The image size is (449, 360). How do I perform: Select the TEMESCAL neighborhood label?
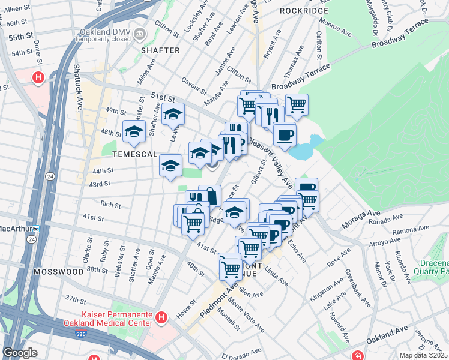[133, 154]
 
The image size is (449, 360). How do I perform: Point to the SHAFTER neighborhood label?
[160, 50]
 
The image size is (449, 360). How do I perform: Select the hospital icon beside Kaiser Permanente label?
[161, 317]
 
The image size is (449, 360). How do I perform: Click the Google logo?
[20, 352]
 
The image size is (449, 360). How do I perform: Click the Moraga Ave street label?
[361, 221]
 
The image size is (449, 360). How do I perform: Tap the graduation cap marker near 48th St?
[134, 131]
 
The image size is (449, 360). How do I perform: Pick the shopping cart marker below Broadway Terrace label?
[297, 104]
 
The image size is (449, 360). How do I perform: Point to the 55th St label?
[20, 37]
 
